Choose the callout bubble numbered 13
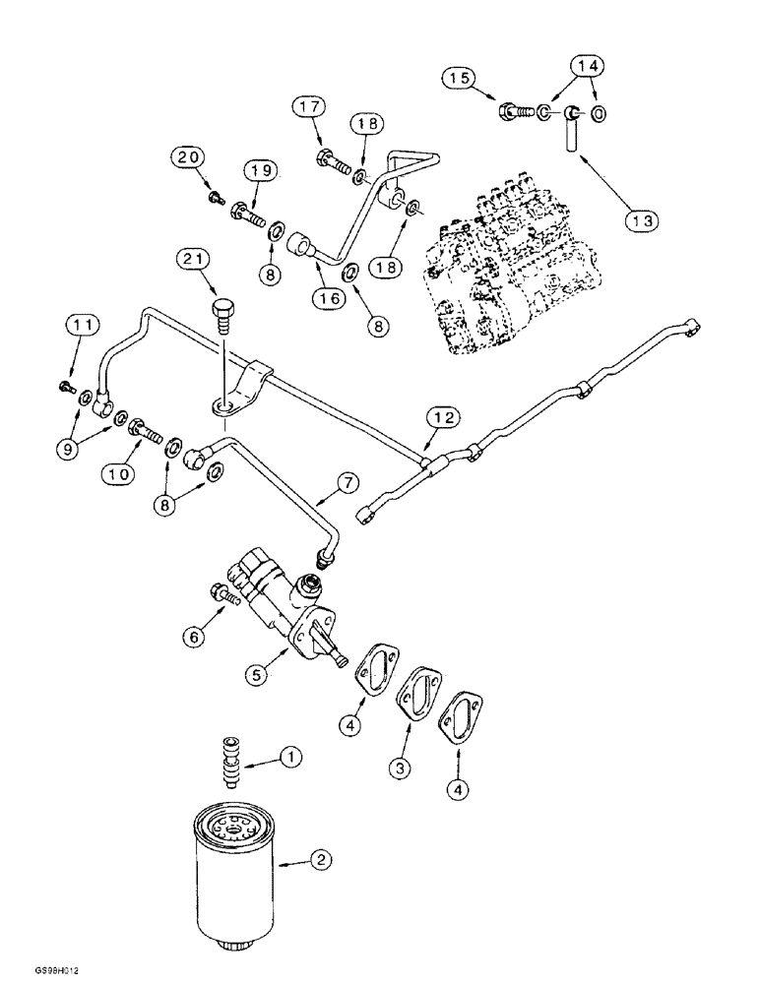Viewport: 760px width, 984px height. (641, 221)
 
